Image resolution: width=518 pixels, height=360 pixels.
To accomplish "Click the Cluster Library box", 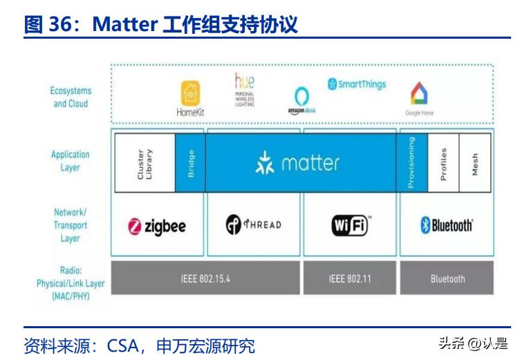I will pos(145,164).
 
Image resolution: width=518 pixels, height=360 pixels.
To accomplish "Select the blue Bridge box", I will pos(190,164).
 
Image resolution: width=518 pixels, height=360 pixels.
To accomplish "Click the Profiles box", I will pos(443,164).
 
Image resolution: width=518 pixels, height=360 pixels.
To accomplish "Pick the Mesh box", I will pos(474,164).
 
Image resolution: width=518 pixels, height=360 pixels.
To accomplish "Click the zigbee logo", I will pos(157,226).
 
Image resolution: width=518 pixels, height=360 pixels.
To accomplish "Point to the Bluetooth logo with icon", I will pos(447,225).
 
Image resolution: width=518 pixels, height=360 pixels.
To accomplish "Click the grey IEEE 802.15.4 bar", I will pos(205,278).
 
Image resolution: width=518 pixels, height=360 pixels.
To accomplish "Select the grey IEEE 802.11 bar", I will pos(349,278).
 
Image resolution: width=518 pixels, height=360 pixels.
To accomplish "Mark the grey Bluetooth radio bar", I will pos(447,278).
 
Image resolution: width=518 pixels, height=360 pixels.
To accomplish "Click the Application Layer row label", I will pos(70,161).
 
